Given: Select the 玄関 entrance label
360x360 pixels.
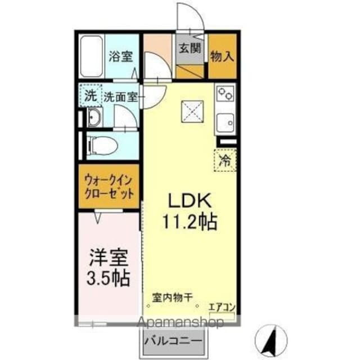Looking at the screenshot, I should [189, 48].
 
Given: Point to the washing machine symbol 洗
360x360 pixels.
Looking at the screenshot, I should [90, 95].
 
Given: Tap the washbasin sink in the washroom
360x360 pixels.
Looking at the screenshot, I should [94, 118].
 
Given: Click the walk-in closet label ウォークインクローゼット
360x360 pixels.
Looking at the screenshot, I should [109, 187].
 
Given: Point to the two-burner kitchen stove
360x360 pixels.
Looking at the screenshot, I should [226, 93].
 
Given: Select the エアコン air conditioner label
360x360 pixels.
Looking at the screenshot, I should [222, 307].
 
